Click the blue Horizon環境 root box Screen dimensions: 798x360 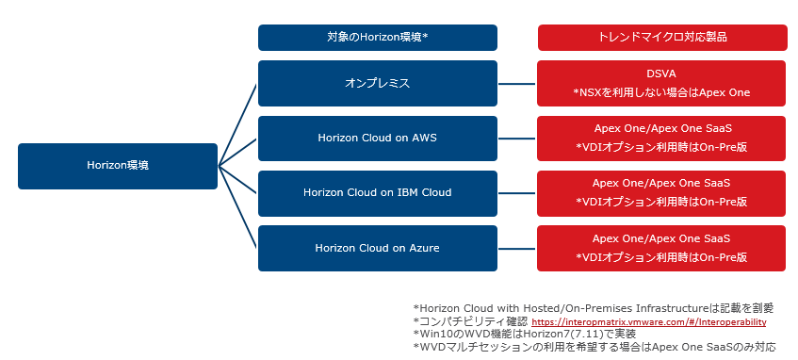(x=118, y=166)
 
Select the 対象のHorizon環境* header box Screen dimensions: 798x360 (x=378, y=38)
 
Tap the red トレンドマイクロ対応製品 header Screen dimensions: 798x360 (x=662, y=38)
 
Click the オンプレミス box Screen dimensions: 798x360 (x=378, y=84)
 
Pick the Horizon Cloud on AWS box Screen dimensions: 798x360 (x=378, y=138)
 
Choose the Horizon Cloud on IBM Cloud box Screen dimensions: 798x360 (x=378, y=193)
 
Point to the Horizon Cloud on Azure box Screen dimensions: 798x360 (x=378, y=248)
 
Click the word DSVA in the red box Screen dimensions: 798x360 (x=661, y=74)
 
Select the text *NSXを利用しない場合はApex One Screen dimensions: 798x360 (x=661, y=92)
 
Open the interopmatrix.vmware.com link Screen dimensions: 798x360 (x=649, y=321)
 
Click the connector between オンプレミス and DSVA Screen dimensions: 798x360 (x=517, y=84)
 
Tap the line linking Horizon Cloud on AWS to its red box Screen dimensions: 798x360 (x=517, y=138)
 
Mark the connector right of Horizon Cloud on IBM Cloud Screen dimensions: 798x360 (x=517, y=193)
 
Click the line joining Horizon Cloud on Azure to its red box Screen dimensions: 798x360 (x=517, y=248)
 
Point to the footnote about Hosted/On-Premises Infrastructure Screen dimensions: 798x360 (x=594, y=308)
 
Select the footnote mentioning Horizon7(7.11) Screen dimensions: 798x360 (x=524, y=334)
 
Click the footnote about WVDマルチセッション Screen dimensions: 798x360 (x=594, y=347)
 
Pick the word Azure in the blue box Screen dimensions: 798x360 (x=425, y=248)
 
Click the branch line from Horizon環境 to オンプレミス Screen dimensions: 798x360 (x=237, y=124)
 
